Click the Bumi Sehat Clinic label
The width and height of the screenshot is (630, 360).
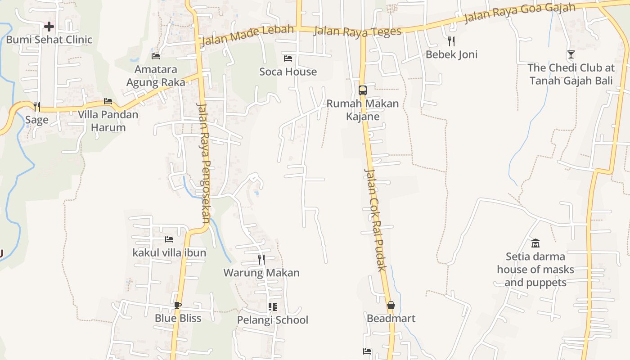pyautogui.click(x=49, y=40)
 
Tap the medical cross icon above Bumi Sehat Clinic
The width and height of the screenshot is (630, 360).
pyautogui.click(x=49, y=27)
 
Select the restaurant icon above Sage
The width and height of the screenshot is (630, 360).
pyautogui.click(x=37, y=106)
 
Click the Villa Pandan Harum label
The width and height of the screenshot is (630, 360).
pyautogui.click(x=108, y=121)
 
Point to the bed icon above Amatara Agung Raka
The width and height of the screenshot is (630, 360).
pyautogui.click(x=156, y=56)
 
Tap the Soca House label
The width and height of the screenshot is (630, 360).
pyautogui.click(x=288, y=72)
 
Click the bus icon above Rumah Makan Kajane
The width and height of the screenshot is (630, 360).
pyautogui.click(x=363, y=90)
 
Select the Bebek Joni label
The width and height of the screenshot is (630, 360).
pyautogui.click(x=451, y=54)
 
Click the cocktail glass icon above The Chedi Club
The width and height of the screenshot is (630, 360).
pyautogui.click(x=571, y=54)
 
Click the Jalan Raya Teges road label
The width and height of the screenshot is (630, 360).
pyautogui.click(x=357, y=31)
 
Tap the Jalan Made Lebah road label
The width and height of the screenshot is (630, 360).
pyautogui.click(x=247, y=36)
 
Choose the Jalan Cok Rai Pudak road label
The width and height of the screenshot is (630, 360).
pyautogui.click(x=375, y=220)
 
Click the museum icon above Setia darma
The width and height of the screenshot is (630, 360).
pyautogui.click(x=535, y=243)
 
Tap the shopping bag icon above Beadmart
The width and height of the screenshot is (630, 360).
pyautogui.click(x=391, y=305)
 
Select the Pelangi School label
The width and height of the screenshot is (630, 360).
pyautogui.click(x=273, y=320)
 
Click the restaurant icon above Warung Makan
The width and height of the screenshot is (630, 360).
pyautogui.click(x=261, y=259)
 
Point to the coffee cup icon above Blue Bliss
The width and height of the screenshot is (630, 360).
pyautogui.click(x=178, y=305)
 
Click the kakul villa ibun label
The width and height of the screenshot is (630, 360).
pyautogui.click(x=169, y=252)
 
